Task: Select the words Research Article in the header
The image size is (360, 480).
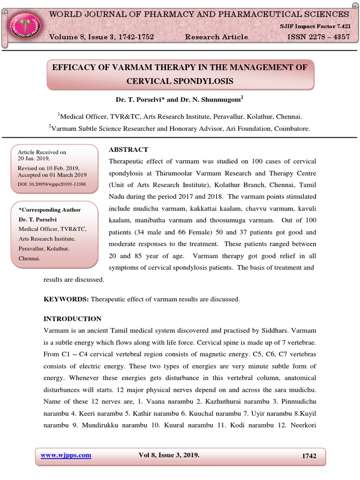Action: coord(217,37)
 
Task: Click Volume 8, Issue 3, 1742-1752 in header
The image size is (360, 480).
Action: coord(102,37)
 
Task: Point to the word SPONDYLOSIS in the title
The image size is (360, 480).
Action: coord(203,81)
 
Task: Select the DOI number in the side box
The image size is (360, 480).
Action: coord(52,184)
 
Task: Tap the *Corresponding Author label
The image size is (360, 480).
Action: coord(49,210)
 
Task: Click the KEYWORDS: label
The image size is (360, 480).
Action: coord(66,299)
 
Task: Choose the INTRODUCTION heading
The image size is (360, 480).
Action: coord(72,319)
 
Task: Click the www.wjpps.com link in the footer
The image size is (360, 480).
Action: coord(66,455)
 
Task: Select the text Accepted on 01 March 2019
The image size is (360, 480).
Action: coord(55,175)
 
